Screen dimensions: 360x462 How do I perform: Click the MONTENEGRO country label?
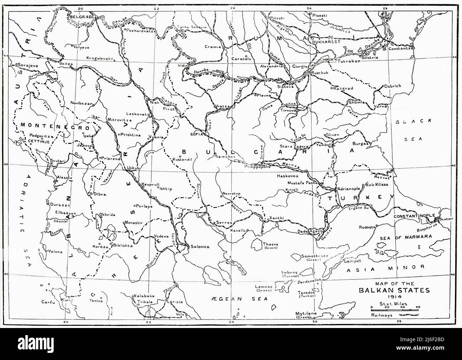click(49, 125)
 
